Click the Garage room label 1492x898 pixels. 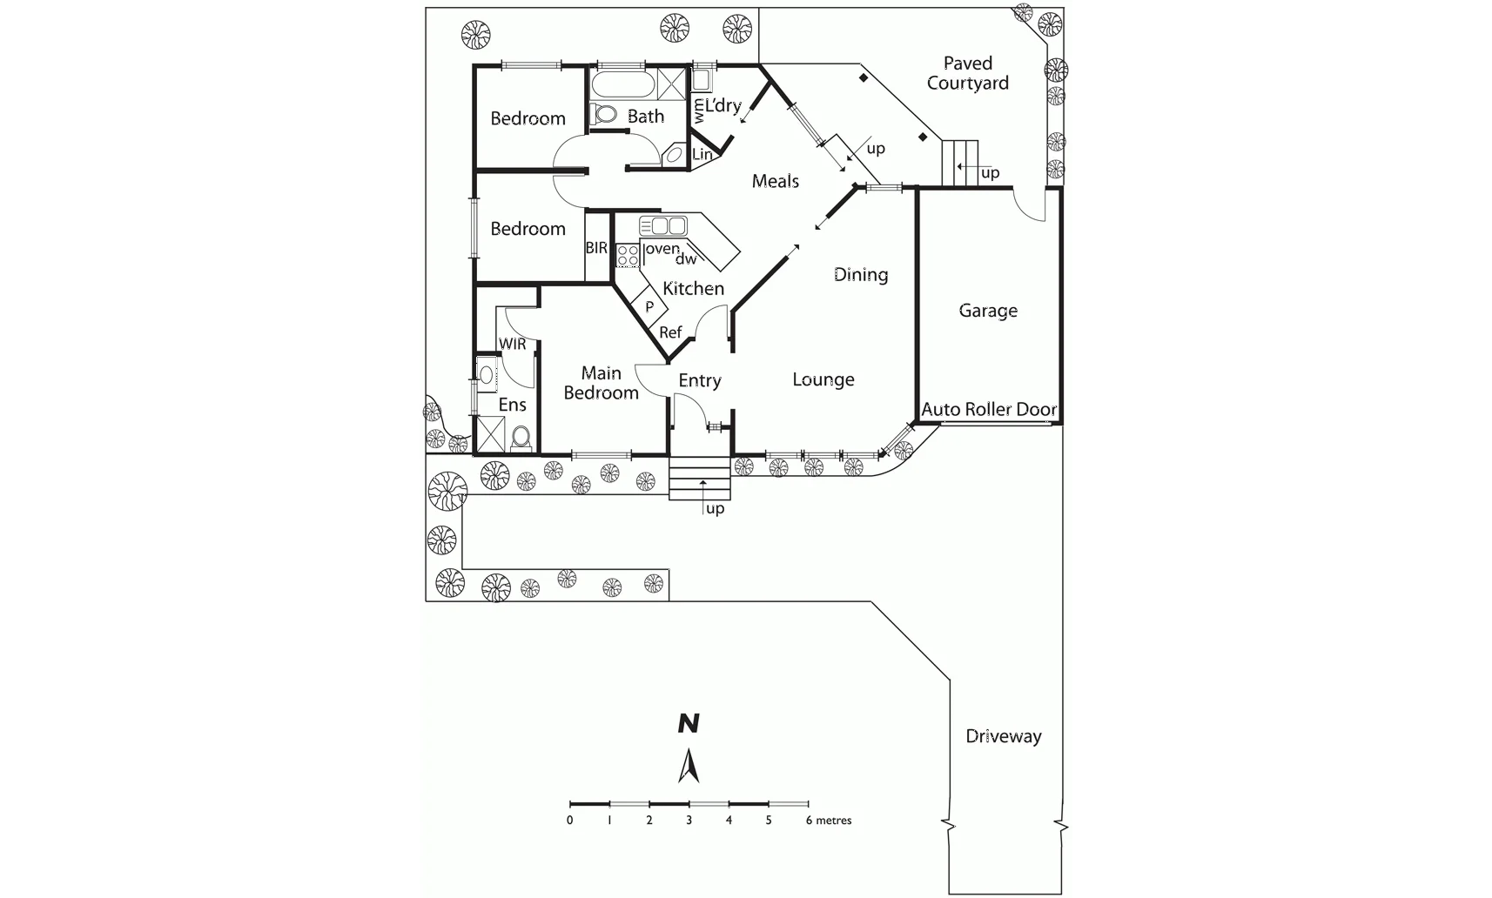click(988, 311)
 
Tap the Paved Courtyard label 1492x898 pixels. click(967, 73)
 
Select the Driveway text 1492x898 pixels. click(1003, 736)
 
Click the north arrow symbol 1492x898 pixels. click(689, 766)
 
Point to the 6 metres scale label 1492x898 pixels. click(828, 821)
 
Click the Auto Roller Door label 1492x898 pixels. click(989, 409)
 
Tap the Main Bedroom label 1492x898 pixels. click(601, 383)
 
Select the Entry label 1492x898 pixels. click(700, 380)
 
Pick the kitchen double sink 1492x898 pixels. click(663, 226)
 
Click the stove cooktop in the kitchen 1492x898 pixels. click(628, 255)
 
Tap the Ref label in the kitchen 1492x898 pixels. click(670, 332)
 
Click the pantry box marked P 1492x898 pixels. click(649, 307)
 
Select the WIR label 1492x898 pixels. click(513, 344)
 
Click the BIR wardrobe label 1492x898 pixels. click(596, 248)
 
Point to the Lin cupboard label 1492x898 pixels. click(702, 155)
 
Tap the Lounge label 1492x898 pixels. click(823, 379)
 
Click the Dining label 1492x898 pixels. click(861, 275)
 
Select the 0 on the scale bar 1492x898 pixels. click(570, 821)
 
